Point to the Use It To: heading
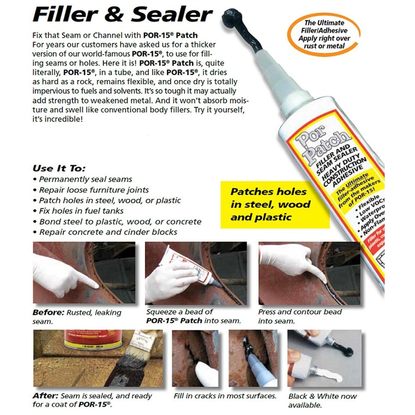point(59,168)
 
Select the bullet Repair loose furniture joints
point(94,190)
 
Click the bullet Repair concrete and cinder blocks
point(108,232)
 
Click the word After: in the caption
point(44,395)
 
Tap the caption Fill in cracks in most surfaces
point(225,395)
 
